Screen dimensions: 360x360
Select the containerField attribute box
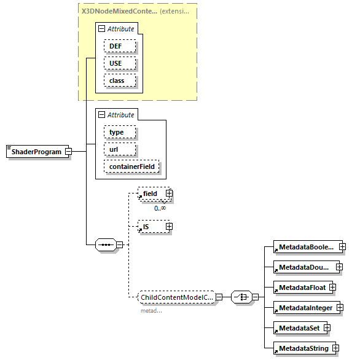[x=133, y=166]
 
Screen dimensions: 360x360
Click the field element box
[x=151, y=194]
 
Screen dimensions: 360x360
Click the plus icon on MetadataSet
[x=327, y=328]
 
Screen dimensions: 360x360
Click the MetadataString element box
[x=302, y=349]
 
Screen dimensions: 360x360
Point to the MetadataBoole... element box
[x=305, y=247]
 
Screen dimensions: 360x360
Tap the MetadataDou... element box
[x=303, y=267]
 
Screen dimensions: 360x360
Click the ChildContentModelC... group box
[x=176, y=297]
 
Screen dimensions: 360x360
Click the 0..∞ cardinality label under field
[x=160, y=208]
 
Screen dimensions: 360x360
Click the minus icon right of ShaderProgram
[x=69, y=152]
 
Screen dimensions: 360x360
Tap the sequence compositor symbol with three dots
[x=106, y=245]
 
